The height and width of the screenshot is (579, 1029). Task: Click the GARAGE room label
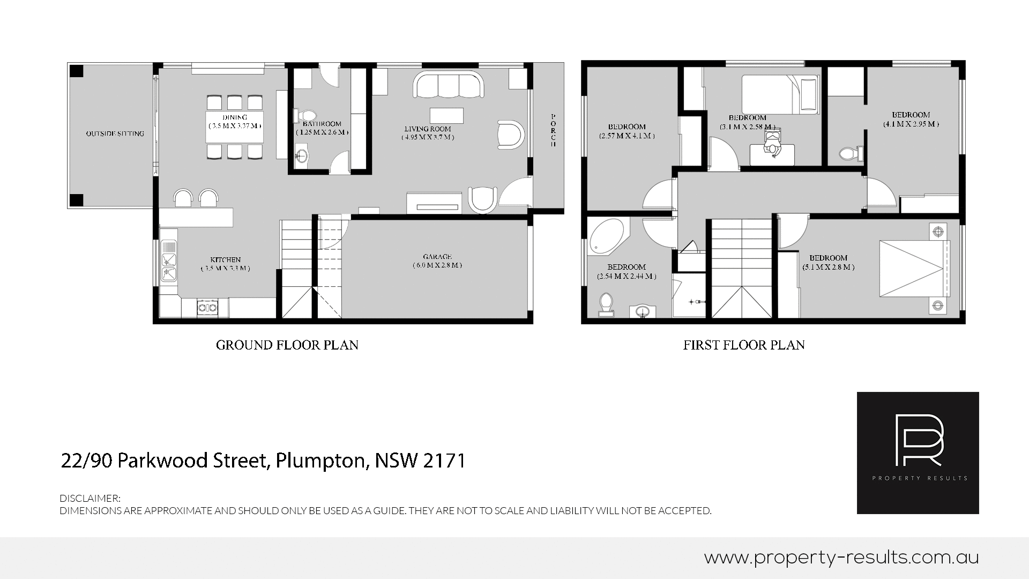coord(437,257)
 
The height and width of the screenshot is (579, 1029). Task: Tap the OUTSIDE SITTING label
coord(115,133)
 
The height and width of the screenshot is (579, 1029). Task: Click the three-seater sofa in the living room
coord(449,84)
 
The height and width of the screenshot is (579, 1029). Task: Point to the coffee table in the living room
coord(446,115)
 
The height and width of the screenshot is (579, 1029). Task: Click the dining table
coord(235,127)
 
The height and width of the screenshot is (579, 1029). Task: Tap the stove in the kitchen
coord(207,307)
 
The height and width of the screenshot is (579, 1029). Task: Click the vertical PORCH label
coord(553,131)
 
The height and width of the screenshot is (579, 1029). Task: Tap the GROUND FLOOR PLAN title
coord(287,345)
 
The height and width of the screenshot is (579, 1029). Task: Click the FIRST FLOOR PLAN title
coord(744,345)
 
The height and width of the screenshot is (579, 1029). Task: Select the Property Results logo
coord(918,453)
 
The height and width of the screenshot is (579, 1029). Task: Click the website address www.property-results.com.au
coord(841,558)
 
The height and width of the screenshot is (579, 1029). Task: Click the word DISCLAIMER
coord(90,499)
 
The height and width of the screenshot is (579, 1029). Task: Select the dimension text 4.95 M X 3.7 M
coord(428,137)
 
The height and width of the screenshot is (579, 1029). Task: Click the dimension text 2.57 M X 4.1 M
coord(627,136)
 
